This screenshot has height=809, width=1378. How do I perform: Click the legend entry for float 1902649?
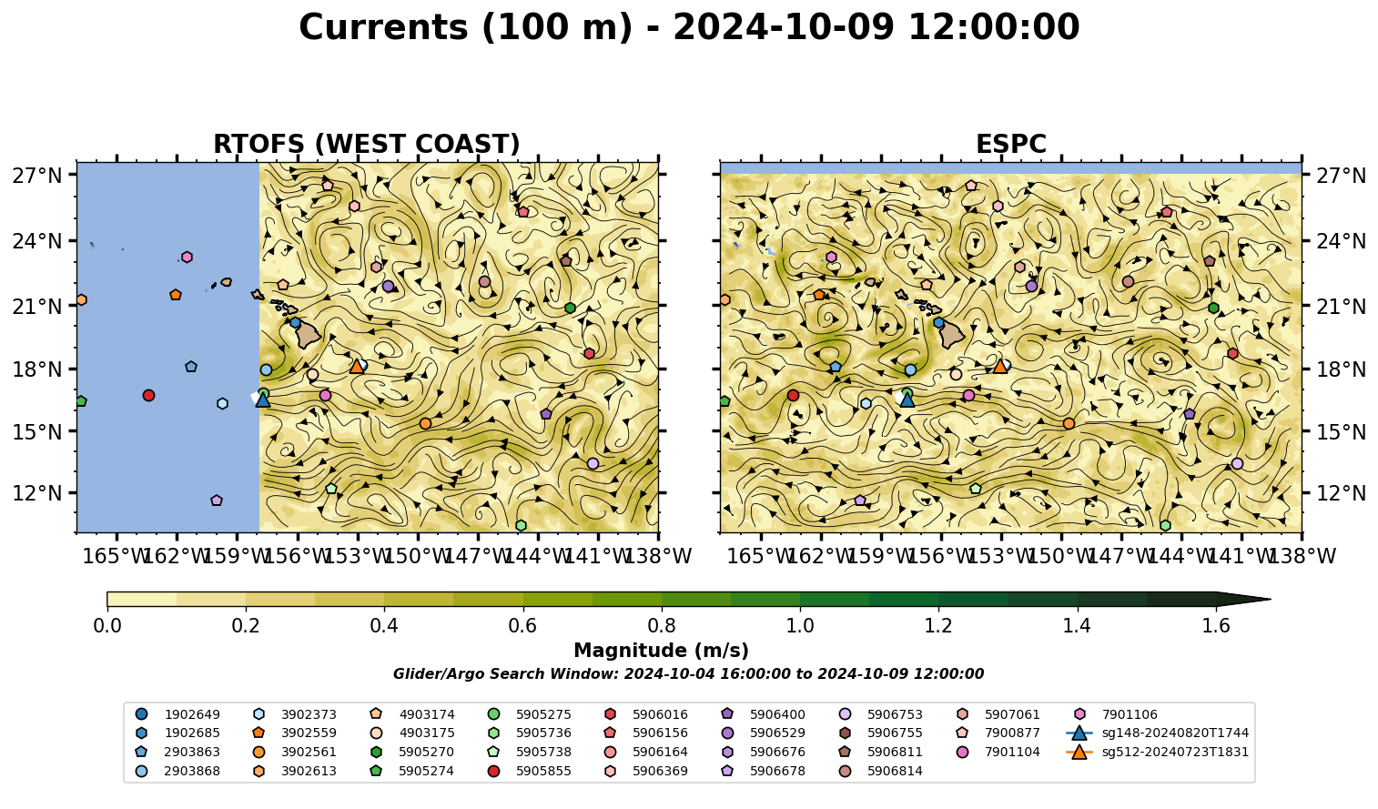tap(177, 714)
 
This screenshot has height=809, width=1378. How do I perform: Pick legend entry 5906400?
tap(762, 714)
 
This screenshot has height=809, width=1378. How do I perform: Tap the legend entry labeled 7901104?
tap(997, 752)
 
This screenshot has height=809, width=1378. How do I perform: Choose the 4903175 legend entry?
tap(411, 733)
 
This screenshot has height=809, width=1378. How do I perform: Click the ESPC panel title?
tap(1010, 144)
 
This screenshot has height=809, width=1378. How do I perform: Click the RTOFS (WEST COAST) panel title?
tap(367, 144)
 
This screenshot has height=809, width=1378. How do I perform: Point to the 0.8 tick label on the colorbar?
tap(662, 626)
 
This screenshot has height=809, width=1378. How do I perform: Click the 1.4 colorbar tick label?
tap(1077, 626)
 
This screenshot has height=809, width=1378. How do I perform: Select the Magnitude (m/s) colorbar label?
tap(662, 651)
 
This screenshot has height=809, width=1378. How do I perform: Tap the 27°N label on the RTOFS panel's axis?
tap(37, 176)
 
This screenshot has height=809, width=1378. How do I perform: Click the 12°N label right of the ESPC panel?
tap(1341, 493)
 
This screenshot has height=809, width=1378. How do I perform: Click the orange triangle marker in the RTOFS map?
tap(357, 367)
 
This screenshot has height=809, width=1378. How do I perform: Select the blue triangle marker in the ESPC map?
tap(907, 400)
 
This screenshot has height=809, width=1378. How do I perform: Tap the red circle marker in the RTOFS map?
tap(148, 396)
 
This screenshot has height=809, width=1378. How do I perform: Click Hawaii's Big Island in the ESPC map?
tap(952, 335)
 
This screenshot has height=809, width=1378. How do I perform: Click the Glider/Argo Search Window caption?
tap(688, 674)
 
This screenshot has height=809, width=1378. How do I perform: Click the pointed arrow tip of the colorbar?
tap(1270, 599)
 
